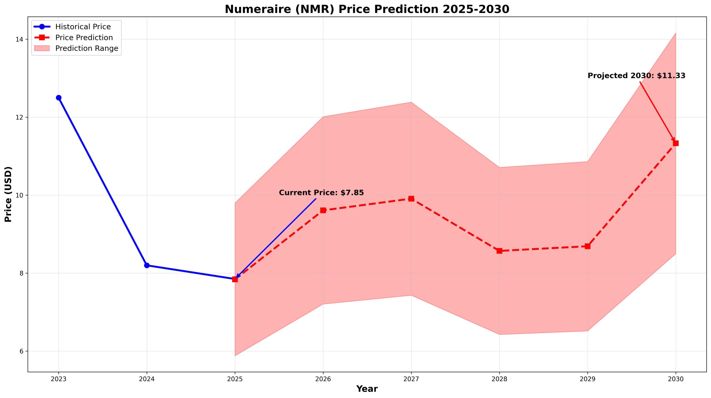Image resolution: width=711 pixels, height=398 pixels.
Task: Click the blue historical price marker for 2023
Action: [x=59, y=98]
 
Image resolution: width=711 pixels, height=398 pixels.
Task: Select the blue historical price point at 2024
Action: [x=147, y=265]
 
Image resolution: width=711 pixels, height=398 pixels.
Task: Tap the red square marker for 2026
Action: [x=323, y=210]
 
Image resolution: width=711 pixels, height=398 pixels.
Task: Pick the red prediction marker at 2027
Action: [x=411, y=198]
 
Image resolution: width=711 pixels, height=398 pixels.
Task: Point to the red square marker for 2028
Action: [x=499, y=251]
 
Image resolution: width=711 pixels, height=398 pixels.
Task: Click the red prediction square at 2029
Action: [x=588, y=246]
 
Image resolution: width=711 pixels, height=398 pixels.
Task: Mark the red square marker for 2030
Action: [x=676, y=143]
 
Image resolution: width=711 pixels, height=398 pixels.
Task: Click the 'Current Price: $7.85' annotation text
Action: [x=321, y=193]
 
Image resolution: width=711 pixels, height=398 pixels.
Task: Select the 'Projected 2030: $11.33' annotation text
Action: [x=636, y=75]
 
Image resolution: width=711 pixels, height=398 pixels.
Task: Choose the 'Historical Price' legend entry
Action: [x=83, y=27]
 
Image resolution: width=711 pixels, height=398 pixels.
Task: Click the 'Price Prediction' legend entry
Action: [x=84, y=37]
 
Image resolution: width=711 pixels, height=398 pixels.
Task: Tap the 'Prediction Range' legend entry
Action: [x=87, y=48]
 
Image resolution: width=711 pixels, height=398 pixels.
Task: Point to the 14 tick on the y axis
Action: [x=19, y=39]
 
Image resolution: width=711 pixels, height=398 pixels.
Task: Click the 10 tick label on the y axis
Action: [x=19, y=195]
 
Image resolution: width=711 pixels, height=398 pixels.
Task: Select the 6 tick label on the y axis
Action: [x=21, y=351]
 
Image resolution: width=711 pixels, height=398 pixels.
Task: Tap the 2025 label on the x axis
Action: [x=235, y=379]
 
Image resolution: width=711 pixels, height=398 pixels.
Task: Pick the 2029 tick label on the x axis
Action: [x=588, y=379]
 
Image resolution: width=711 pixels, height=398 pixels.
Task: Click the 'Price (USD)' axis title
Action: [x=8, y=194]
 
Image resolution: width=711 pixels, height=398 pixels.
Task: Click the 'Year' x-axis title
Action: [x=367, y=389]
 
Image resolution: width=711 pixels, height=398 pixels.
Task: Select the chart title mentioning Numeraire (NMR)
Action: [x=367, y=9]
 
